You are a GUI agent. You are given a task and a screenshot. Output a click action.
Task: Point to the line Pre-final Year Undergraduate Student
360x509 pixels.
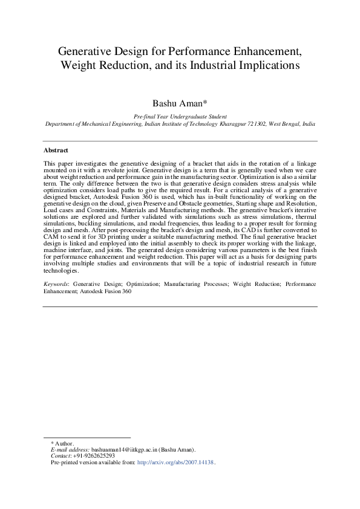pos(180,115)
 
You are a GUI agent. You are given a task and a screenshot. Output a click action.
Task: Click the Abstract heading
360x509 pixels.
pos(56,151)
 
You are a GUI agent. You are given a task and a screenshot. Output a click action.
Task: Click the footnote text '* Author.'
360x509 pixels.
pos(62,444)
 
